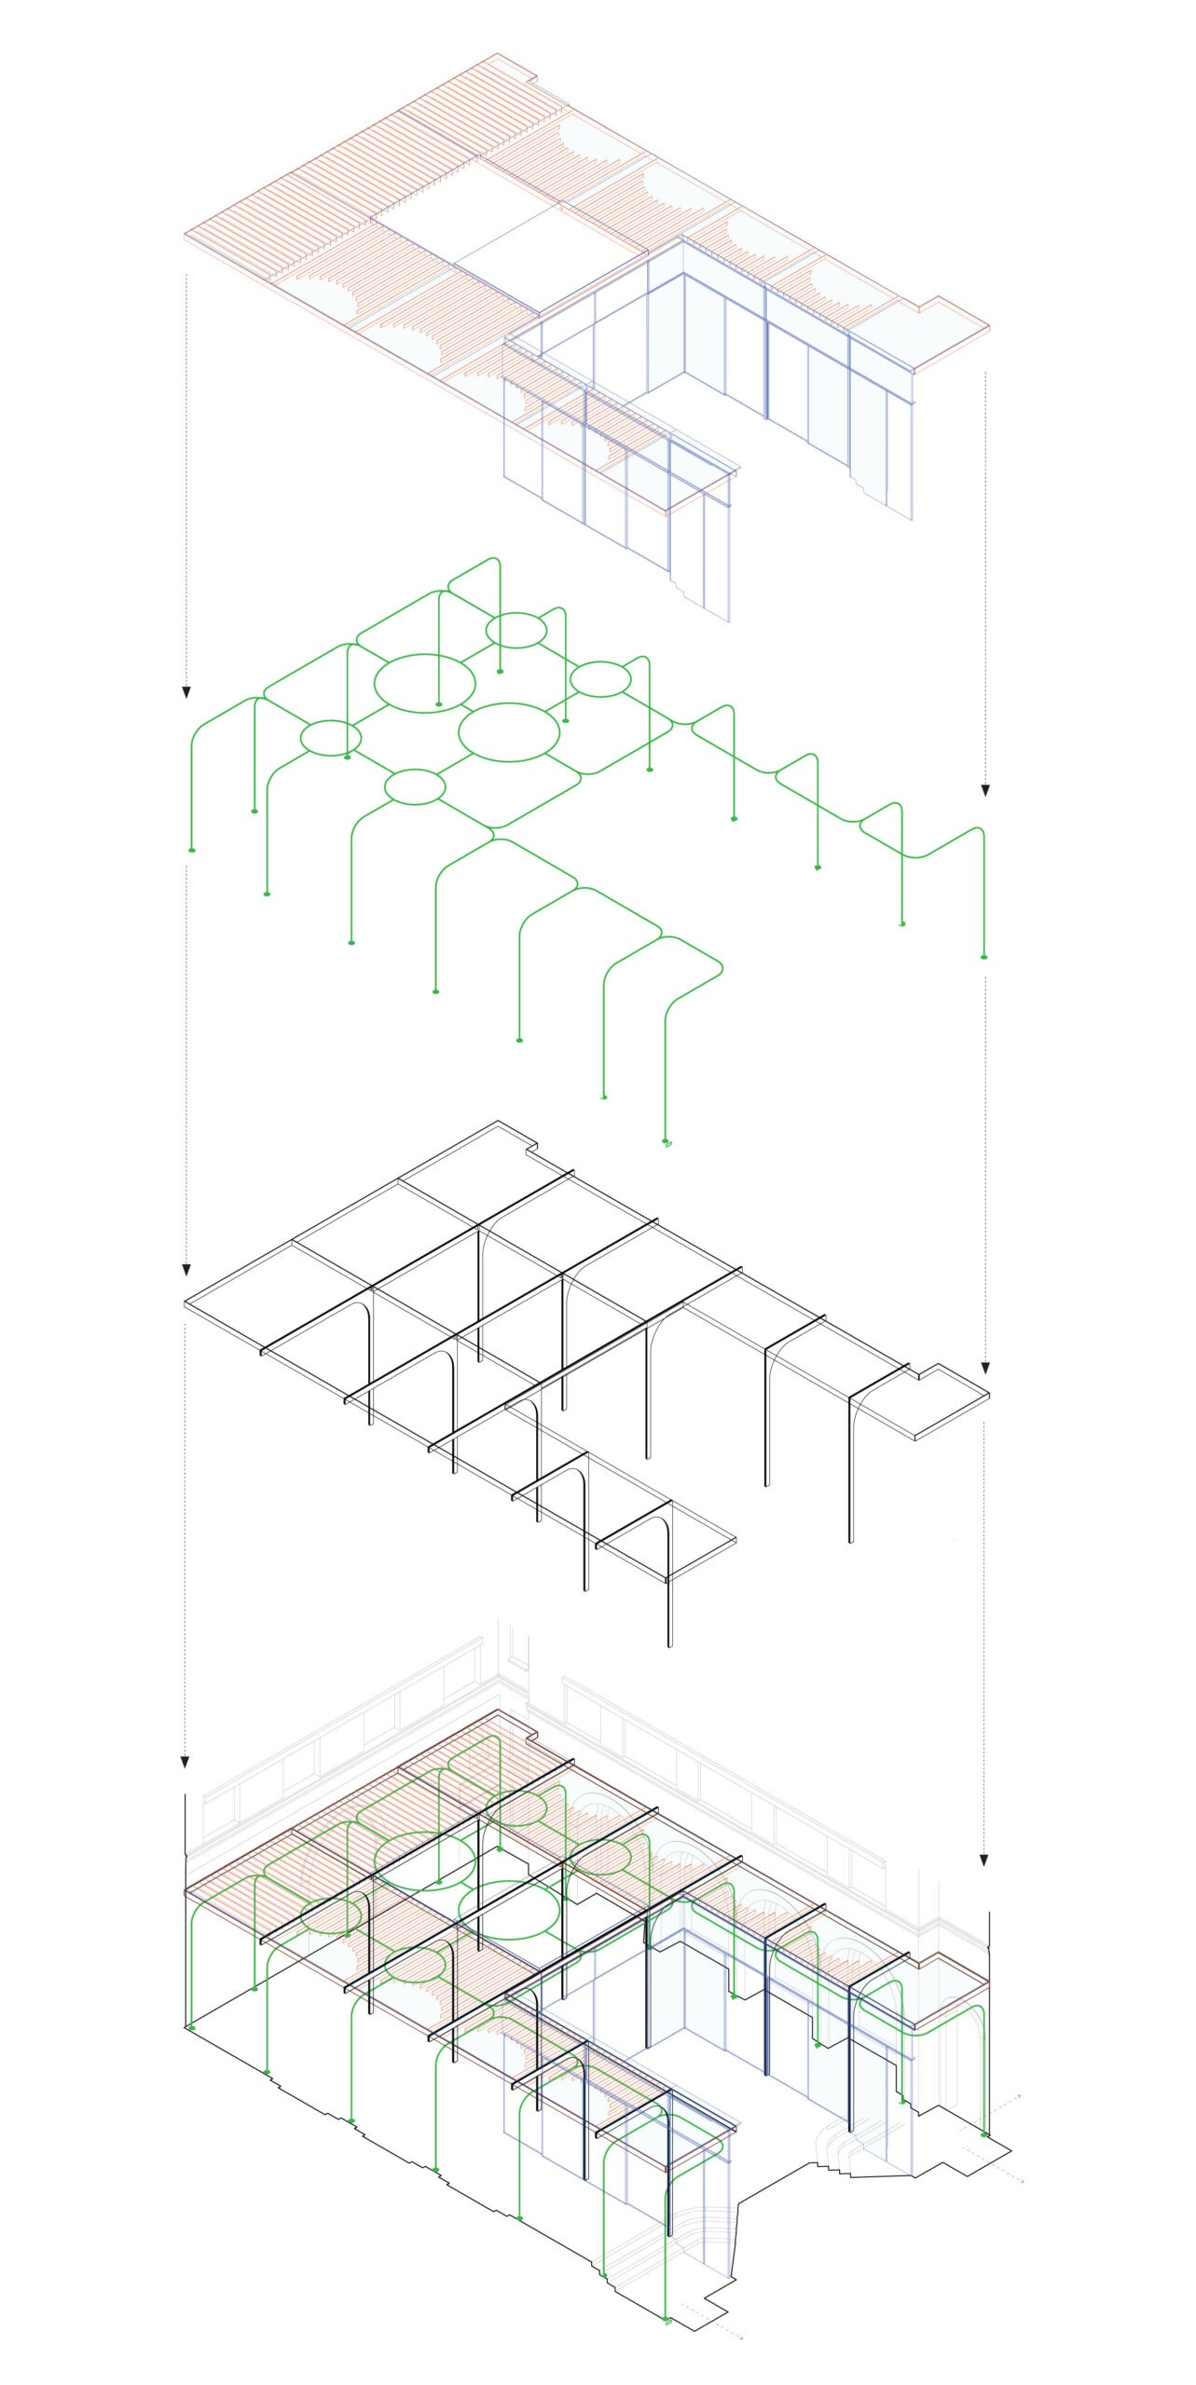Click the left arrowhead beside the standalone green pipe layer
click(186, 692)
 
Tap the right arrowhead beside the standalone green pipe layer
click(985, 790)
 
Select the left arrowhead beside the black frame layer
click(186, 1271)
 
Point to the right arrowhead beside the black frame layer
click(985, 1368)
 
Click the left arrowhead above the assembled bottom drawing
click(186, 1762)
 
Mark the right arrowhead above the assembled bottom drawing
click(985, 1860)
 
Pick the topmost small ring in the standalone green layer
click(516, 631)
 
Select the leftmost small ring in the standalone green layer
click(330, 738)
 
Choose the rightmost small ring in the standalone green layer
click(600, 679)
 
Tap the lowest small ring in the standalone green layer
click(415, 787)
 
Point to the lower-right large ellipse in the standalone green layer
click(510, 732)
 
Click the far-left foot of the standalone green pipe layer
click(191, 851)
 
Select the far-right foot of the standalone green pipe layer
click(984, 957)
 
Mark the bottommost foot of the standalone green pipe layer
click(667, 1142)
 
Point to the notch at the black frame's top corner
click(535, 1145)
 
